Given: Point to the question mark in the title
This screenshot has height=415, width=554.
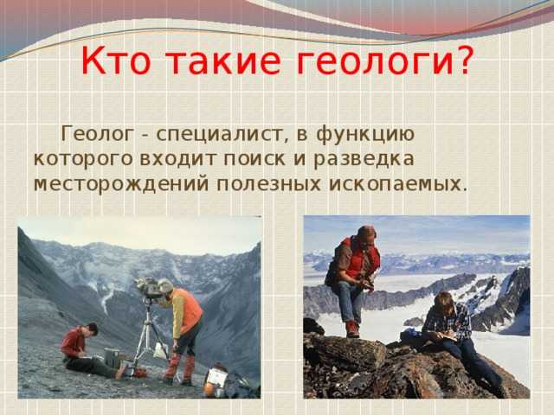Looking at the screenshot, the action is (462, 59).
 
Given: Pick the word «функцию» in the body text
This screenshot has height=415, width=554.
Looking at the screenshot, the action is (365, 135).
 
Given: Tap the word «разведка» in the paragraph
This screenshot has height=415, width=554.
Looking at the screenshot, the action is (364, 160).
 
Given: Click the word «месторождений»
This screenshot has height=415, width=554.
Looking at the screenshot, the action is (121, 185).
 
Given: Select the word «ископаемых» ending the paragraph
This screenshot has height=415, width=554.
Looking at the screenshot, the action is (395, 184).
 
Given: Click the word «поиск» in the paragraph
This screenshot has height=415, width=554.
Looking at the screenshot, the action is (254, 159).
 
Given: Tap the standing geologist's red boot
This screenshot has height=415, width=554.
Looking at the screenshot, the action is (352, 329).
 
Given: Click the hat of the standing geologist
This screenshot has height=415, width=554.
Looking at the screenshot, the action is (366, 232).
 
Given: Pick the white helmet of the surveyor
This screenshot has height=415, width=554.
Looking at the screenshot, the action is (165, 285).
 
